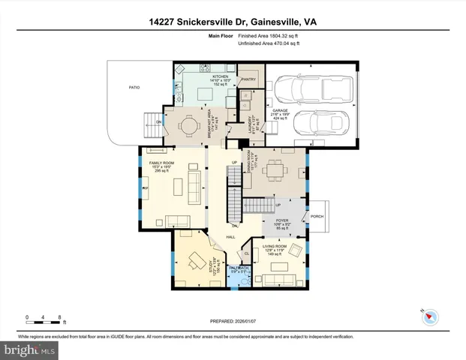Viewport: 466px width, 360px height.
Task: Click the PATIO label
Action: tap(134, 88)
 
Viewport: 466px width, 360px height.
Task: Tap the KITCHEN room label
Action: tap(220, 76)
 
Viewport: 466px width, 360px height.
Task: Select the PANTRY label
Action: tap(248, 78)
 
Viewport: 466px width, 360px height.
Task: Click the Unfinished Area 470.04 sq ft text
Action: tap(269, 44)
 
